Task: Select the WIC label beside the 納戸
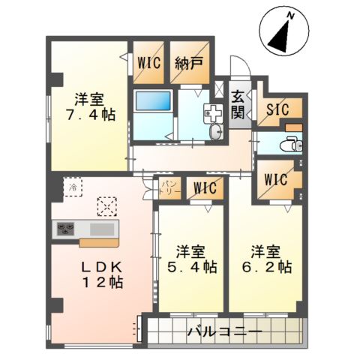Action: (148, 64)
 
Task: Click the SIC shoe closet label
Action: (279, 109)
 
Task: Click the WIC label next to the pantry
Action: (202, 187)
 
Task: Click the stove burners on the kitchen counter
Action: (65, 228)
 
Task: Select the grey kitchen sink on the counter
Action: (102, 228)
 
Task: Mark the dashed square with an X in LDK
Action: (108, 204)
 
